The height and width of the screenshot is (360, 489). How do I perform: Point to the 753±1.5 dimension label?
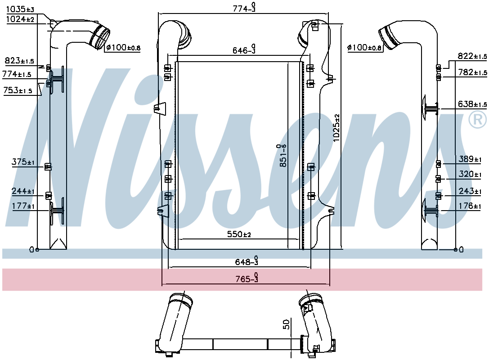(x=18, y=90)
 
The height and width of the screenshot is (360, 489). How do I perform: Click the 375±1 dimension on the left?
(x=23, y=162)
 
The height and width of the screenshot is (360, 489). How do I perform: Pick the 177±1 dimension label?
(x=24, y=206)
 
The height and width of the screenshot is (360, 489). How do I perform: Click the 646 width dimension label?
(x=244, y=50)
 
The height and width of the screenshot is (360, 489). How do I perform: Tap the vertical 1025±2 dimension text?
(x=336, y=128)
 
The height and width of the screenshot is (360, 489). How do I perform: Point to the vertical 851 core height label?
(x=283, y=156)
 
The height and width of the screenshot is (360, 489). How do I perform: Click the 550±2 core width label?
(x=238, y=234)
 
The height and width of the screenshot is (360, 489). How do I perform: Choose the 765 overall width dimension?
(x=245, y=279)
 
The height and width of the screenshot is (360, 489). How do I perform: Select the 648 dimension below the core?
(x=245, y=261)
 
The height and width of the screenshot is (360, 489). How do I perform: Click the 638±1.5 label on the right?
(x=472, y=104)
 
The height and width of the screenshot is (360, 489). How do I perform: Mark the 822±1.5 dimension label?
(x=472, y=56)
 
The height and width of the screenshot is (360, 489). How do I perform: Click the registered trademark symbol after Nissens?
(x=477, y=119)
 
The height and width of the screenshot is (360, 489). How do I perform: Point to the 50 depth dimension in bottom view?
(x=286, y=325)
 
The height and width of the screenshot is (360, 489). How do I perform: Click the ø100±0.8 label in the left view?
(x=123, y=47)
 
